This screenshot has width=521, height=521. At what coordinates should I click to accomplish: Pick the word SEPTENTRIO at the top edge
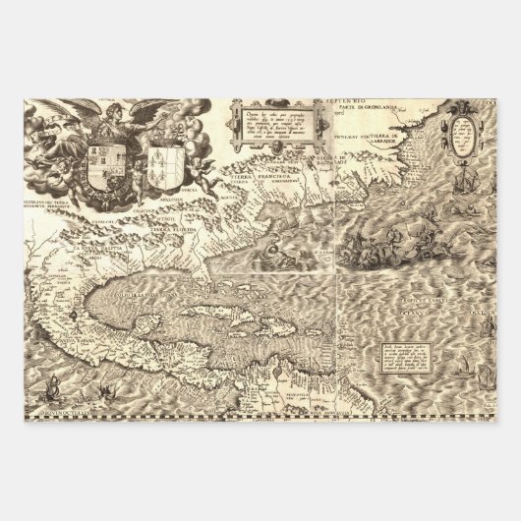(357, 98)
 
